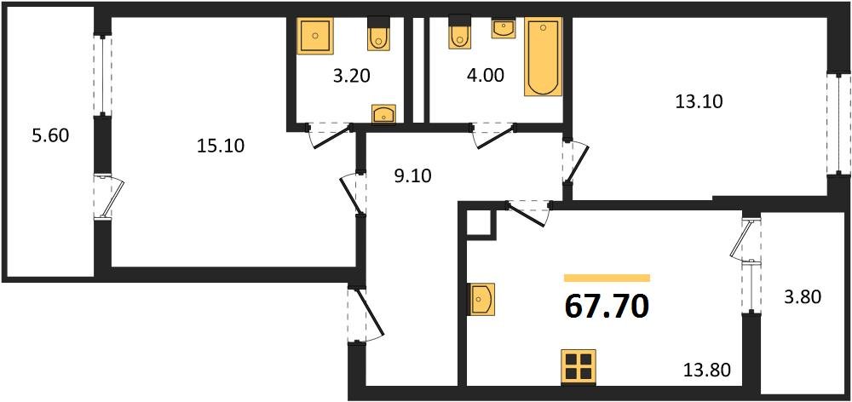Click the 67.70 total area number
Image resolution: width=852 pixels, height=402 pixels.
click(x=607, y=304)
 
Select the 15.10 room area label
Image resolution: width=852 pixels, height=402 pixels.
click(x=221, y=146)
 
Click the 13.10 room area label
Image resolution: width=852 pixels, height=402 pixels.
click(x=699, y=101)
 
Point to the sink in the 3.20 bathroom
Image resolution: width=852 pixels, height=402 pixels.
click(x=384, y=113)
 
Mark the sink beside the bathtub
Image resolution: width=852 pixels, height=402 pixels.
click(x=504, y=28)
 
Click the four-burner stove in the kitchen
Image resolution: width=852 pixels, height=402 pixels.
click(x=579, y=366)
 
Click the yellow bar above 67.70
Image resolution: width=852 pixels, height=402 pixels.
click(x=607, y=278)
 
